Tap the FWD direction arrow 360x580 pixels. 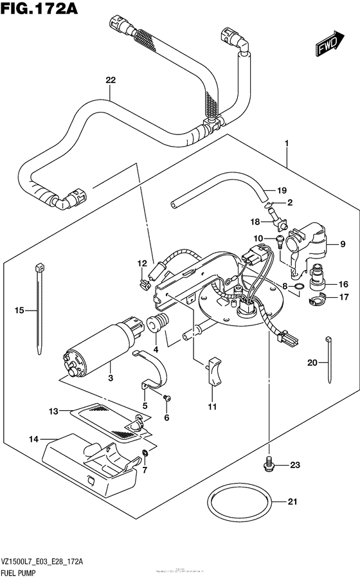329,44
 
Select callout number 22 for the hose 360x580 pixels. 111,80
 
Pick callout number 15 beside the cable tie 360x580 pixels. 19,311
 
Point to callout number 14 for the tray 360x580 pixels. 33,439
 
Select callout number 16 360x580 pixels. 343,284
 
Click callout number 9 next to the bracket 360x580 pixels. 343,244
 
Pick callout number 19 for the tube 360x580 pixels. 281,190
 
